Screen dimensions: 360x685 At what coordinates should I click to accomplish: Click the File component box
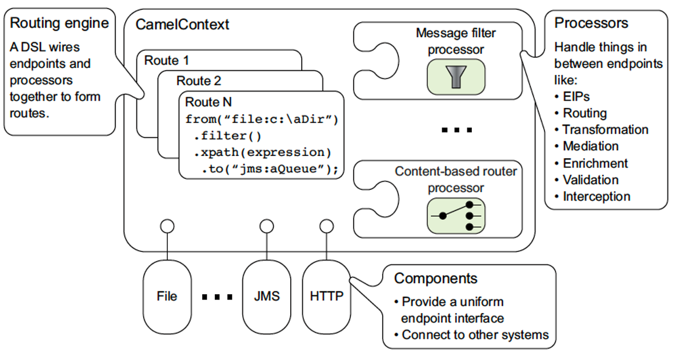[x=167, y=297]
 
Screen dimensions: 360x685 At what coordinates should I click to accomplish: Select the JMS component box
[x=266, y=297]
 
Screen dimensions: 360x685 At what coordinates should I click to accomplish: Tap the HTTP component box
[x=326, y=297]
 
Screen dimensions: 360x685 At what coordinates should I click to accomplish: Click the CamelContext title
[x=182, y=25]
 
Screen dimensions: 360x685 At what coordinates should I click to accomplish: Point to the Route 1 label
[x=166, y=61]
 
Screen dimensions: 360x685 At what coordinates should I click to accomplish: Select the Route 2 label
[x=198, y=81]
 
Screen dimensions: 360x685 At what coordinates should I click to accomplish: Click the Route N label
[x=209, y=102]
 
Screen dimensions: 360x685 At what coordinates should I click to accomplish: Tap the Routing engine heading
[x=59, y=23]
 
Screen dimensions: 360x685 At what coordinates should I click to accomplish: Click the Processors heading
[x=591, y=23]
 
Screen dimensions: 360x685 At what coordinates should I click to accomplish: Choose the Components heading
[x=436, y=278]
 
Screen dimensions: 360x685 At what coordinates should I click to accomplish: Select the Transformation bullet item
[x=604, y=130]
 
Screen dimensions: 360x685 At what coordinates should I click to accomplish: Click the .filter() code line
[x=227, y=136]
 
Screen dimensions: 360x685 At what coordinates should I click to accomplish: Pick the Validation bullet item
[x=590, y=180]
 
